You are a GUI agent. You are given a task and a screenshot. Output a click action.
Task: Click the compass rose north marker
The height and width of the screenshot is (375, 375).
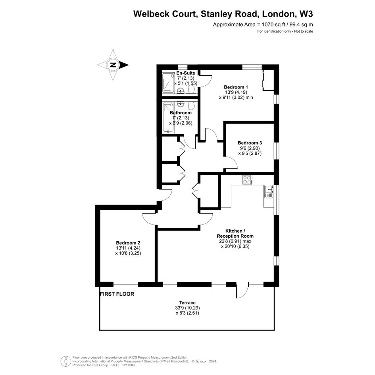113,65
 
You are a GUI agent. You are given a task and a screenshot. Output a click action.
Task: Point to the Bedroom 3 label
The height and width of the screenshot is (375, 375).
250,143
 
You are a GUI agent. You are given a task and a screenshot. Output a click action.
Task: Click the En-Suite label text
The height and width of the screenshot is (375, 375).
186,73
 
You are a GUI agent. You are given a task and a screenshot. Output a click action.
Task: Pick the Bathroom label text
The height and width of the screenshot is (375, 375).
181,113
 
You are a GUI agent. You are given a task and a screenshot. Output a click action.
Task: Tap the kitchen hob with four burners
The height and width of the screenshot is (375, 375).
247,180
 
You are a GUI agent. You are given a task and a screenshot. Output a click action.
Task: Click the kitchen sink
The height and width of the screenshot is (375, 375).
269,192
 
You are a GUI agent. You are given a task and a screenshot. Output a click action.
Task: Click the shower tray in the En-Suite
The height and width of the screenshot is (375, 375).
169,83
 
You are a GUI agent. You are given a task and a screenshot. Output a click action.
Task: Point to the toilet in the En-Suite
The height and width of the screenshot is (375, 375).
192,90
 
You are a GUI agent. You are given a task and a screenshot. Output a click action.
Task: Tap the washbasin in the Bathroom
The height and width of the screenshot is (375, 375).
181,104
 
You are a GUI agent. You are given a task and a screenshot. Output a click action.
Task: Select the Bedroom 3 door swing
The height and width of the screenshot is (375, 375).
231,163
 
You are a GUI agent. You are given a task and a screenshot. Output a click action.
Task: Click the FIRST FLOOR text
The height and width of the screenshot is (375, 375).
117,294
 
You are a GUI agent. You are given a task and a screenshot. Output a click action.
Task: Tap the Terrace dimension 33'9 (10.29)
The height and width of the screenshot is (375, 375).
187,308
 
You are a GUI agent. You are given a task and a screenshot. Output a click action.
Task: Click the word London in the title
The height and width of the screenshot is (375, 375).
279,14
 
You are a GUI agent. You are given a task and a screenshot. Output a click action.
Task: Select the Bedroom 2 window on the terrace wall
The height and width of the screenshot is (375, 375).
126,285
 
